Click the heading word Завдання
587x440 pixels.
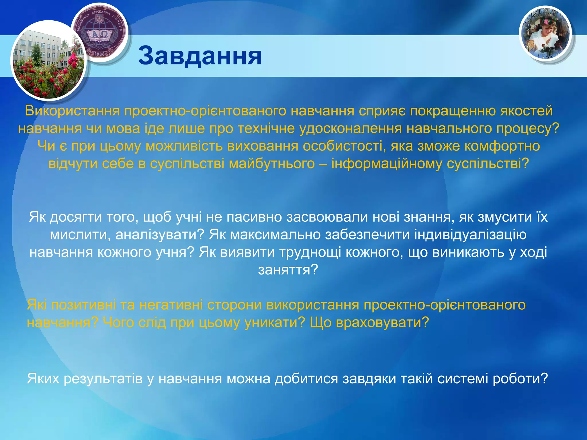point(200,56)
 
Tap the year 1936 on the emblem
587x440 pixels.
point(99,54)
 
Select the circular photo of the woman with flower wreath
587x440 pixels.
point(545,34)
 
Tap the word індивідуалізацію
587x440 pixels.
point(470,235)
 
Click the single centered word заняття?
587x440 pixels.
point(288,270)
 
